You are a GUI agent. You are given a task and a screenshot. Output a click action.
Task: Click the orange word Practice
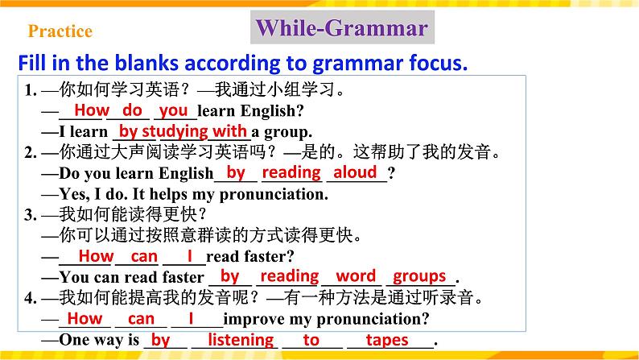[60, 32]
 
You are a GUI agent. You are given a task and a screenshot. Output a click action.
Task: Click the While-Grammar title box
[341, 29]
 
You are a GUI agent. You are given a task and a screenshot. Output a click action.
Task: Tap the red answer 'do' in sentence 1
[133, 110]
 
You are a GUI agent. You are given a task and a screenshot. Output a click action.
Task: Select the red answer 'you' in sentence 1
[174, 110]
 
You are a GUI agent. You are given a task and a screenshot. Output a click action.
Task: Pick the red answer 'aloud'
[355, 172]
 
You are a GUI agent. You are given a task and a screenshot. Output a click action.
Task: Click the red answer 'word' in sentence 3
[356, 276]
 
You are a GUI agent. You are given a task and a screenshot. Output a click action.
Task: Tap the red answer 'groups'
[419, 276]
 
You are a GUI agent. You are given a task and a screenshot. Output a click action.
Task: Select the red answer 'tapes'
[387, 340]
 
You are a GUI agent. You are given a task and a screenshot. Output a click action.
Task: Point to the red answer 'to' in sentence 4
[311, 340]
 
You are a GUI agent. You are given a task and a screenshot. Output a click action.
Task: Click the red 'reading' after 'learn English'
[291, 172]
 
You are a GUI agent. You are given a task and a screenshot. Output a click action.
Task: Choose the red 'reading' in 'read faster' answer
[290, 276]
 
